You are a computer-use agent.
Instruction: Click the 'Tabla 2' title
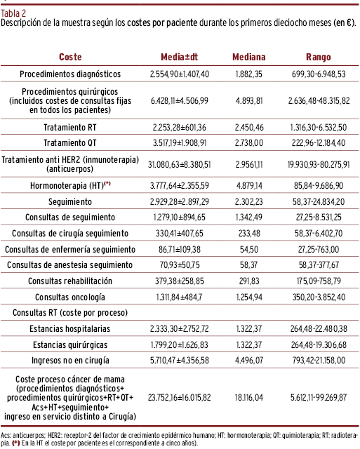(13, 13)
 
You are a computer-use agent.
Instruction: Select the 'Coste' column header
(70, 57)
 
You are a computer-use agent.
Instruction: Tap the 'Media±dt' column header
(179, 57)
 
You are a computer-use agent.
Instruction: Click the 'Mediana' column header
(249, 57)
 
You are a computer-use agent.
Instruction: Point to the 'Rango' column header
(319, 58)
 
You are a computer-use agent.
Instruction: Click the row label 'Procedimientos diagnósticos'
(70, 74)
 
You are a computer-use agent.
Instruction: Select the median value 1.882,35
(249, 74)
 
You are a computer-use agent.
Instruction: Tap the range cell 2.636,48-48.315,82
(319, 101)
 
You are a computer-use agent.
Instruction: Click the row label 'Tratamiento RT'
(70, 127)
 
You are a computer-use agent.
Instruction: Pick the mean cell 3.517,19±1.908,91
(180, 142)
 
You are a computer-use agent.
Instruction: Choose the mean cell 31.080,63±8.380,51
(179, 165)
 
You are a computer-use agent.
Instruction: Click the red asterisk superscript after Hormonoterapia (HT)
(107, 183)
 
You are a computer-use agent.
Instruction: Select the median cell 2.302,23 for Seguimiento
(249, 201)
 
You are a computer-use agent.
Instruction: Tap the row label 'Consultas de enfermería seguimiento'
(70, 250)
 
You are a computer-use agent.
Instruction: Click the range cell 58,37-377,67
(319, 265)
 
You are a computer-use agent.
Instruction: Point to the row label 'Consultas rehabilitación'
(70, 281)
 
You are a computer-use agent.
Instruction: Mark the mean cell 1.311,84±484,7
(179, 297)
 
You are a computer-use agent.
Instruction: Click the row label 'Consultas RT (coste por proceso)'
(70, 313)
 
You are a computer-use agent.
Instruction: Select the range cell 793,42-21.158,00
(319, 360)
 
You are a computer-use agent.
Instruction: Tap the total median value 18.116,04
(249, 398)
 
